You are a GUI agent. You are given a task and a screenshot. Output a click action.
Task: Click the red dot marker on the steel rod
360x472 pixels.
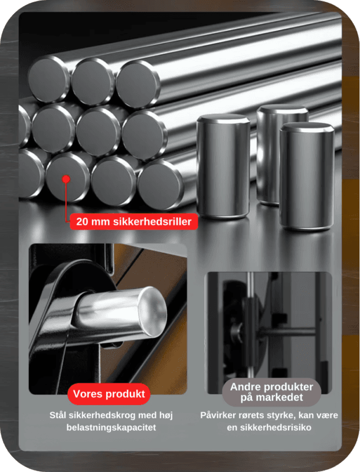[x=66, y=179]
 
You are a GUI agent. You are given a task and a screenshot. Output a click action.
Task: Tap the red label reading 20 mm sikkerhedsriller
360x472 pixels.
[x=133, y=222]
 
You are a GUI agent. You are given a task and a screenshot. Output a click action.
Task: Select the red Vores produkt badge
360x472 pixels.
[x=109, y=394]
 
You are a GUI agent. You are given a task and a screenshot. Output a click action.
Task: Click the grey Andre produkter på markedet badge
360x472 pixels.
[x=271, y=392]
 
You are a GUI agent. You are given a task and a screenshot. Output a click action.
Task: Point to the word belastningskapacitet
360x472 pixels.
[x=111, y=427]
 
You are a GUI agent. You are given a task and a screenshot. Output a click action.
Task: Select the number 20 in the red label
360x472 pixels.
[x=82, y=222]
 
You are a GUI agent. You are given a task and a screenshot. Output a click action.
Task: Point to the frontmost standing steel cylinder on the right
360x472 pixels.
[x=307, y=175]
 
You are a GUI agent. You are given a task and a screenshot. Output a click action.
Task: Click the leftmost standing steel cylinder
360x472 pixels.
[x=223, y=166]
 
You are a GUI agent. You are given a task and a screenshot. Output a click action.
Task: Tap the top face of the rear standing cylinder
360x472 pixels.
[x=282, y=109]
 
